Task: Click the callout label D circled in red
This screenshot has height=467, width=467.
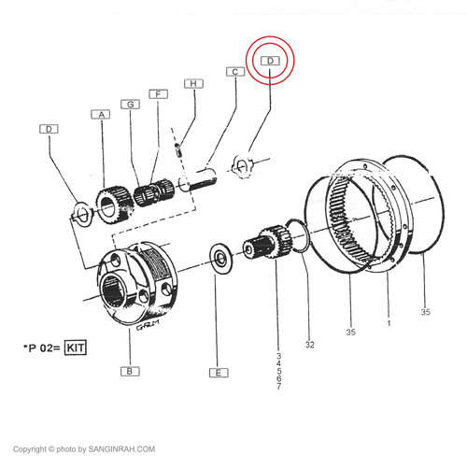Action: [x=270, y=61]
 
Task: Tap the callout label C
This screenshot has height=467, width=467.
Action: [x=235, y=72]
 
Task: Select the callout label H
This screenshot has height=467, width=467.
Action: [x=193, y=84]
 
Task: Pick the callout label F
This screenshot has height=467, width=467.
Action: [x=158, y=94]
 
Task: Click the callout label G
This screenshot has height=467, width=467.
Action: [x=131, y=105]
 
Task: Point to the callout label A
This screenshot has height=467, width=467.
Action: [x=101, y=115]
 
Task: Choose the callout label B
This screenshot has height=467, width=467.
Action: [x=130, y=372]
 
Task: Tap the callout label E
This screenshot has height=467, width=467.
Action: [x=219, y=373]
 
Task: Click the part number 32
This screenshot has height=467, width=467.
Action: [x=310, y=345]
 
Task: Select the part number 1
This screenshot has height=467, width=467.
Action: [x=389, y=323]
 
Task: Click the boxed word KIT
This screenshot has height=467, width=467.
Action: [x=75, y=347]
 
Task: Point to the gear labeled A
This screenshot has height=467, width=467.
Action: [x=115, y=204]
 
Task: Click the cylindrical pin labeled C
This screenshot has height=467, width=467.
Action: [x=198, y=179]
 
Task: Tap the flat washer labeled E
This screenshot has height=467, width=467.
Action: [x=221, y=259]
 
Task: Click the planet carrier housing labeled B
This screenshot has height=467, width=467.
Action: [x=137, y=283]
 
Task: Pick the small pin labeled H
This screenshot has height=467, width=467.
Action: [x=178, y=149]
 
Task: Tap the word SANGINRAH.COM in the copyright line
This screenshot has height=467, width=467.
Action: [x=121, y=449]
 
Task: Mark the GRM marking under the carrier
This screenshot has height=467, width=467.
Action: [x=148, y=325]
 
